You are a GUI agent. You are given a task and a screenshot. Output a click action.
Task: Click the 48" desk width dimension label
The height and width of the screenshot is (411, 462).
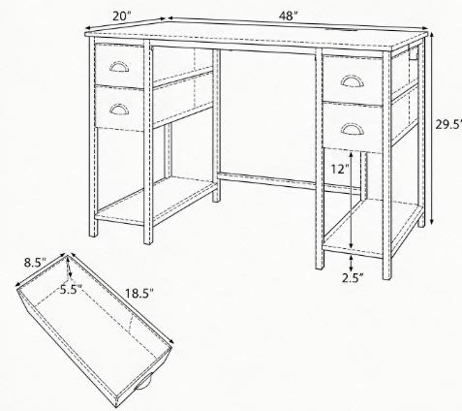click(x=288, y=16)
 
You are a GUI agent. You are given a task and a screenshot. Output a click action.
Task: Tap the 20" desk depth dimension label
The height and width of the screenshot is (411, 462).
click(x=121, y=16)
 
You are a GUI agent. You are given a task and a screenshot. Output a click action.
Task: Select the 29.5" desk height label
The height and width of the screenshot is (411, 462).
click(x=448, y=124)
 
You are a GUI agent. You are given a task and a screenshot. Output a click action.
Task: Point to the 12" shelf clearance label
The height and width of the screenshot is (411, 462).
click(x=340, y=169)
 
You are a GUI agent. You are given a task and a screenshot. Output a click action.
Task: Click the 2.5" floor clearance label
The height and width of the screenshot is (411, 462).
click(x=353, y=278)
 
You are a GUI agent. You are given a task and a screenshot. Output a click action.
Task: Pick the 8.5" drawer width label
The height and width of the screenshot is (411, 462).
click(x=36, y=263)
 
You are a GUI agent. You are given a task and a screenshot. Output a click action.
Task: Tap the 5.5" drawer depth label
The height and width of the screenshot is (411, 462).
click(x=71, y=290)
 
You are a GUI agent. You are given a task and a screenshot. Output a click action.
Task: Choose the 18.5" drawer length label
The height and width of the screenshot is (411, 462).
click(x=139, y=294)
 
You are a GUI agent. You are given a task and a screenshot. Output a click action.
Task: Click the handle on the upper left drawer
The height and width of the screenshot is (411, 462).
click(x=119, y=66)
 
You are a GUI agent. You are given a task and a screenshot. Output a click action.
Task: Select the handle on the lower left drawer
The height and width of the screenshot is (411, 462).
click(x=119, y=110)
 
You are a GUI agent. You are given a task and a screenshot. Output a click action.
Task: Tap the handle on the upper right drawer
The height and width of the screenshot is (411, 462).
click(x=352, y=80)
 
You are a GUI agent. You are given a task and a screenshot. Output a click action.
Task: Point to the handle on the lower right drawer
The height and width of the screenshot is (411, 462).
click(x=352, y=129)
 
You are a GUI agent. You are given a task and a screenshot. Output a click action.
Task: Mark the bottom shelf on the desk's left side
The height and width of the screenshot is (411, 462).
click(x=157, y=201)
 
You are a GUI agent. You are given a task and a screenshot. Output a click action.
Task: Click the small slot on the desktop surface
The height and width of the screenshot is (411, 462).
click(x=343, y=31)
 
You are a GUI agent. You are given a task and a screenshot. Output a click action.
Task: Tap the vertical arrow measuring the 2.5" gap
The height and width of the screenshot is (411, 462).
click(x=352, y=263)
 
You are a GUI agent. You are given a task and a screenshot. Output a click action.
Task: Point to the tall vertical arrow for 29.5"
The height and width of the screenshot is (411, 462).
click(x=432, y=128)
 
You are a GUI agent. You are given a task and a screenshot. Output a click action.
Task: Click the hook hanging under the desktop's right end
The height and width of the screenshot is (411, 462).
click(x=413, y=53)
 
